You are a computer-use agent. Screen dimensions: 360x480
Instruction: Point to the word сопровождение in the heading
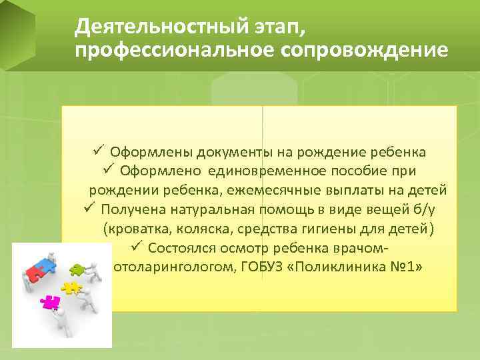click(377, 51)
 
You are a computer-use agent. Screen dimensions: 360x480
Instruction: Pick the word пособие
click(354, 171)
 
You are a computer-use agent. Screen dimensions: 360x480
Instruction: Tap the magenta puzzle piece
click(49, 301)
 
